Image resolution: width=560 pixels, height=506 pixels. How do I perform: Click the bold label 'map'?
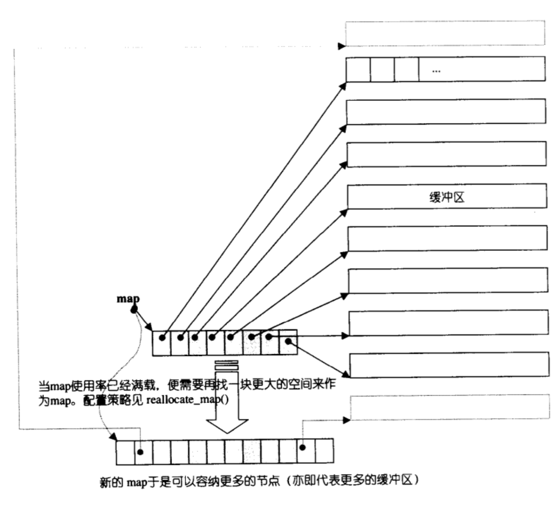pyautogui.click(x=128, y=299)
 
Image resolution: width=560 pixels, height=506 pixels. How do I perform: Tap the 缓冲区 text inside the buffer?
pyautogui.click(x=447, y=197)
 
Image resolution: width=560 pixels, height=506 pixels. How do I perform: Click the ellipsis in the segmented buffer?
pyautogui.click(x=436, y=72)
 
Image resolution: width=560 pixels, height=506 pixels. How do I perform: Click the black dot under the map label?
pyautogui.click(x=134, y=310)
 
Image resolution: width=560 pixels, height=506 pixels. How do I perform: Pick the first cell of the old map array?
pyautogui.click(x=162, y=343)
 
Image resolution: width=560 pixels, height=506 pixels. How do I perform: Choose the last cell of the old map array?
pyautogui.click(x=288, y=342)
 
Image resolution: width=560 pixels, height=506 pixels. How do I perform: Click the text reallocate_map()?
pyautogui.click(x=188, y=400)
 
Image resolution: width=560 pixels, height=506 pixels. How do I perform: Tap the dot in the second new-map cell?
pyautogui.click(x=141, y=452)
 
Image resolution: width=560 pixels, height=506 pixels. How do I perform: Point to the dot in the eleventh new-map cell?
pyautogui.click(x=302, y=448)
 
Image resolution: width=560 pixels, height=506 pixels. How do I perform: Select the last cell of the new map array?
pyautogui.click(x=324, y=451)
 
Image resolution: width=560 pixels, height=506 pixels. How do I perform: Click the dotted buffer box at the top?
pyautogui.click(x=445, y=33)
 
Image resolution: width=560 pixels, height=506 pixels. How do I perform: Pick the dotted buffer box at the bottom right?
pyautogui.click(x=450, y=407)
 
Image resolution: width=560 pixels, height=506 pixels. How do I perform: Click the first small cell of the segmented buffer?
pyautogui.click(x=358, y=70)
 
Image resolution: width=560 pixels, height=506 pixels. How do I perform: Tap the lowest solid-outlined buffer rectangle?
pyautogui.click(x=449, y=365)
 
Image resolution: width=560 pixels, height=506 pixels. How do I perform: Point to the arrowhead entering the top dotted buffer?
pyautogui.click(x=342, y=46)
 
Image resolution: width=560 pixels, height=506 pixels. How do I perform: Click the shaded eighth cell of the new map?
pyautogui.click(x=252, y=452)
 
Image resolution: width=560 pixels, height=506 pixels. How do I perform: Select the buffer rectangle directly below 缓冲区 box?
pyautogui.click(x=448, y=238)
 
